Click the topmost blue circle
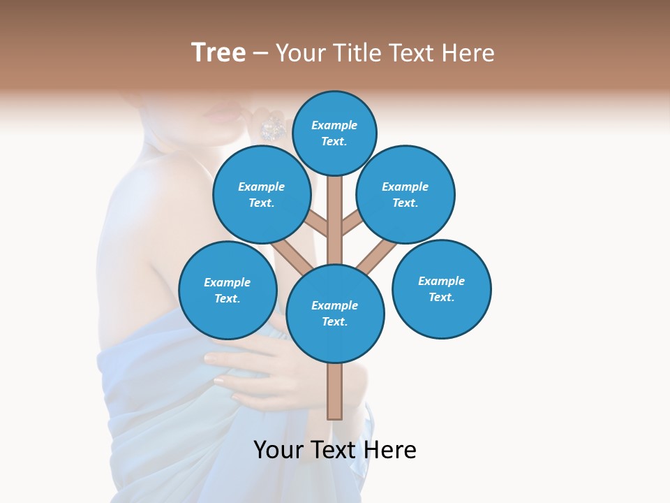[x=334, y=133]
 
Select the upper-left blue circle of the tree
[x=261, y=194]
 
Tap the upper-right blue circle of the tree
[x=405, y=194]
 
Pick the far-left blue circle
[x=228, y=290]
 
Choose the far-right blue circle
[x=441, y=289]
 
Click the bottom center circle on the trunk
[x=335, y=313]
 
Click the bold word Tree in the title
[x=218, y=52]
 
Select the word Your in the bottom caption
[x=279, y=450]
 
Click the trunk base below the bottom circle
[x=335, y=391]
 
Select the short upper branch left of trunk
[x=317, y=224]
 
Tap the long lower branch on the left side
[x=291, y=255]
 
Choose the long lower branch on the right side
[x=377, y=256]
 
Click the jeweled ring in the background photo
[x=271, y=128]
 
